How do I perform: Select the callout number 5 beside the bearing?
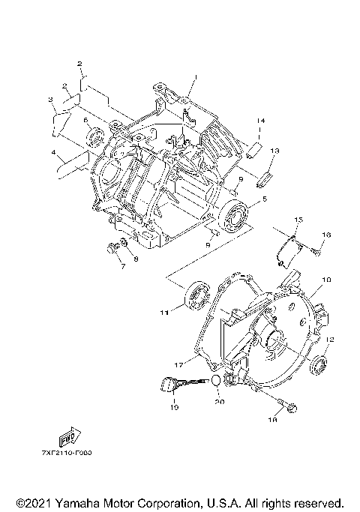point(263,200)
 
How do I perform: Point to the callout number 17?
point(178,364)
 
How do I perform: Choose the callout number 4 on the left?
point(54,154)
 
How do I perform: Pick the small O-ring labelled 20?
point(214,380)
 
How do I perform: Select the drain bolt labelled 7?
point(112,246)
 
